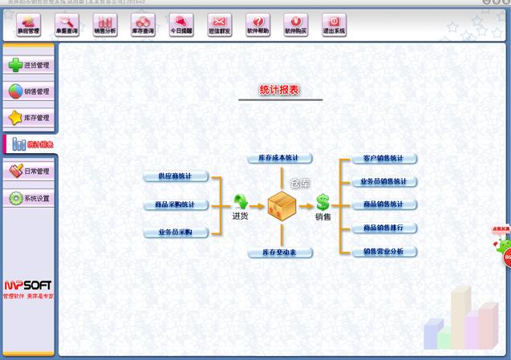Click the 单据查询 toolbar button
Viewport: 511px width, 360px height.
(x=67, y=25)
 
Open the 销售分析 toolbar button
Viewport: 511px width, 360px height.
(x=104, y=25)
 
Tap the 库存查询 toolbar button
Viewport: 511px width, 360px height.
(x=143, y=25)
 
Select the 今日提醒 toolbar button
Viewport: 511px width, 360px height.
(x=181, y=25)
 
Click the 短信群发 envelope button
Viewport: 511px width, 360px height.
(x=219, y=25)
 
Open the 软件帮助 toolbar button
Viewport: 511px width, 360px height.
(x=258, y=25)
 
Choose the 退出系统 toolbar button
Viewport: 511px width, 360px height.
(x=334, y=25)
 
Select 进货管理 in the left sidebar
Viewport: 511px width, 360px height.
(x=29, y=65)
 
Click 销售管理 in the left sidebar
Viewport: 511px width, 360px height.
(x=29, y=91)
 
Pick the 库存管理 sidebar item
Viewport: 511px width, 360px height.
(x=29, y=118)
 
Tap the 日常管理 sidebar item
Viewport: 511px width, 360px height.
(x=29, y=171)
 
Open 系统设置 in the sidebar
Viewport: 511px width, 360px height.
(x=29, y=198)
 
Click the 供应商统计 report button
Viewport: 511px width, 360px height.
(x=175, y=176)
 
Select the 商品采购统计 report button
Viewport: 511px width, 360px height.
(x=175, y=204)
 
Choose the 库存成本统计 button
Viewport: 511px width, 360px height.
(x=278, y=159)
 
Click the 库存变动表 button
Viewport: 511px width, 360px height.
(x=278, y=253)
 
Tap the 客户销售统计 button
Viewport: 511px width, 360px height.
(x=383, y=159)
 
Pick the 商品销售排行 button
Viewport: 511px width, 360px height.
(x=383, y=229)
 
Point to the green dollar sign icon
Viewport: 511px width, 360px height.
(x=322, y=203)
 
